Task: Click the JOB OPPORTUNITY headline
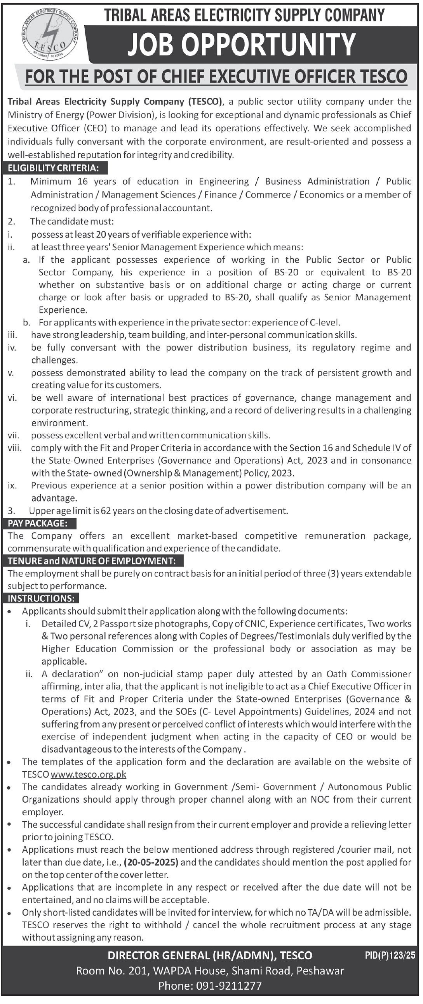tap(242, 44)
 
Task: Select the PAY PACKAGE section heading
tap(38, 523)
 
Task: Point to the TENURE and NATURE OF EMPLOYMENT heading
tap(91, 561)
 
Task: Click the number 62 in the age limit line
tap(106, 511)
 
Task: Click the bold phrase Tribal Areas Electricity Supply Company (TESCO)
tap(115, 102)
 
